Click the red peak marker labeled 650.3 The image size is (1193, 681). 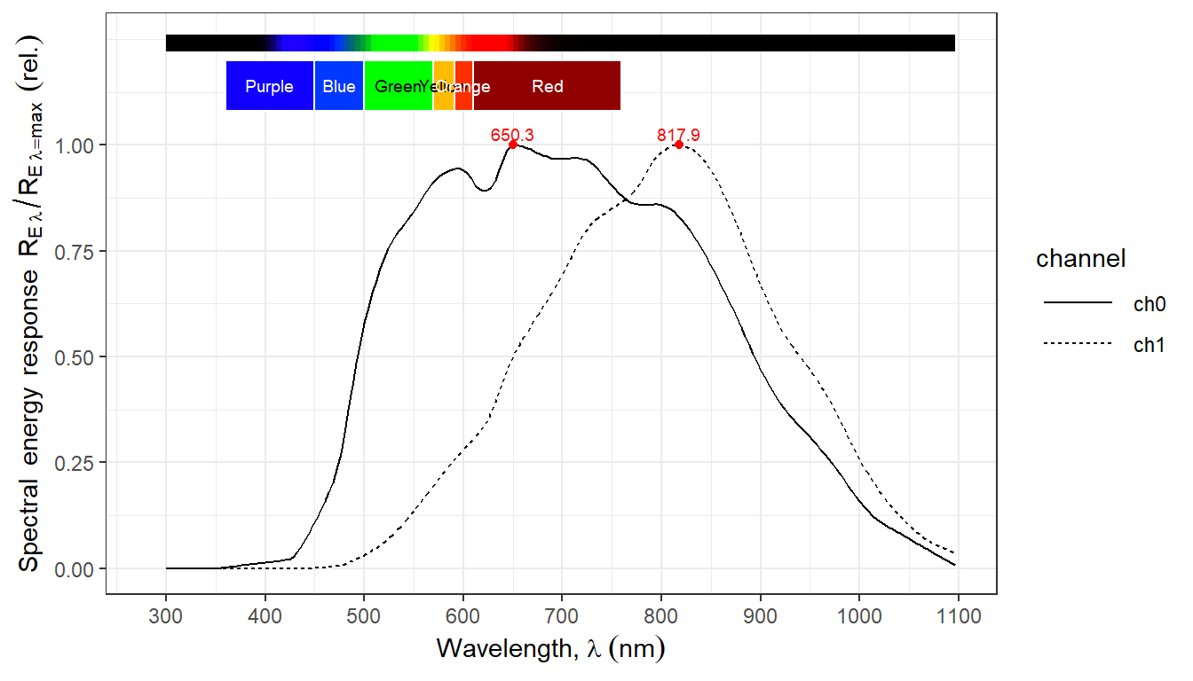[513, 145]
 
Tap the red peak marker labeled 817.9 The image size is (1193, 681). [679, 145]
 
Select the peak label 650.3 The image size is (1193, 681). [512, 135]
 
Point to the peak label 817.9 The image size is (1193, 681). [678, 135]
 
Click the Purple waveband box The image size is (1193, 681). [270, 86]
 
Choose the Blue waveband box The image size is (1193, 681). [339, 86]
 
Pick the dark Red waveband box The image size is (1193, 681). [547, 86]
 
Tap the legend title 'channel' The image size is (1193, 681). [1080, 259]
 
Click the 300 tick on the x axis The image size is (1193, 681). [166, 613]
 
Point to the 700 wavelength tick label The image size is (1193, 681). [562, 613]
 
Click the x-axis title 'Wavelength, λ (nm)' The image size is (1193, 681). [550, 649]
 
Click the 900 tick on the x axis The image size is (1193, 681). [760, 613]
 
